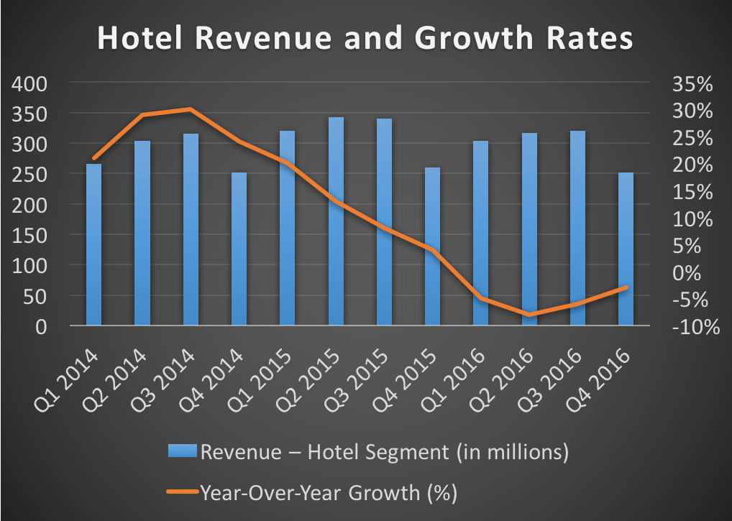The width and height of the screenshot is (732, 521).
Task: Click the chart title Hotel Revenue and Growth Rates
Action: click(x=365, y=39)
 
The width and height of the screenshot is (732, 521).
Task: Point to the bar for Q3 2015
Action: click(x=384, y=222)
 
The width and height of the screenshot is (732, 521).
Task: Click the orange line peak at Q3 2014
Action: click(x=190, y=109)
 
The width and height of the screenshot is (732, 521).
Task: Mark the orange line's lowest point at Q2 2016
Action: click(x=529, y=315)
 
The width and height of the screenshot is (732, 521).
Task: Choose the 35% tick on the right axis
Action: click(x=692, y=84)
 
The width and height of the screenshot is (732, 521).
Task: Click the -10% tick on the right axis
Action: click(x=692, y=328)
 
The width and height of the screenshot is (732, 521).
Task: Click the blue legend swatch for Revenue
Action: click(x=183, y=452)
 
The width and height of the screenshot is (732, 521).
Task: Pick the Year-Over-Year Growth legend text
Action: click(x=329, y=493)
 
